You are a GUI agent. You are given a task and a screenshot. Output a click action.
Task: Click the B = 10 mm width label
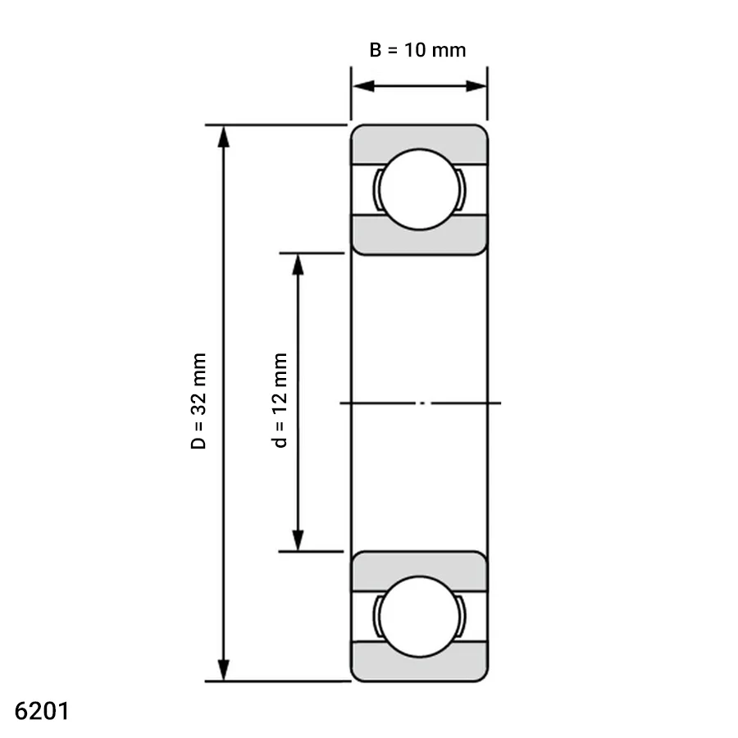pos(417,50)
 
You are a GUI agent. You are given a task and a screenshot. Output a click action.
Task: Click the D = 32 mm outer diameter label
pos(198,400)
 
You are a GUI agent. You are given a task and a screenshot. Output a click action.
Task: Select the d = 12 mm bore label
pos(280,400)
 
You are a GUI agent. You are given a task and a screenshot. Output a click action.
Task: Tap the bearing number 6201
pos(42,711)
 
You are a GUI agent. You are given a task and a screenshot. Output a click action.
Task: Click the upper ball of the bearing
pos(419,189)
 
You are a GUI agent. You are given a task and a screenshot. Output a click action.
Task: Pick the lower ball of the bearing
pos(419,617)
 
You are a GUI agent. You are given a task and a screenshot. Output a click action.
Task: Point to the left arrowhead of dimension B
pos(363,86)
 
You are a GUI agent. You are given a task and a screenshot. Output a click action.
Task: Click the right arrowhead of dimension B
pos(476,86)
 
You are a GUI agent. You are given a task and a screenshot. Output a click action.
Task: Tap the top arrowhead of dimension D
pos(224,137)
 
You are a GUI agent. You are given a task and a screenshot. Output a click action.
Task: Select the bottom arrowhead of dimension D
pos(224,670)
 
